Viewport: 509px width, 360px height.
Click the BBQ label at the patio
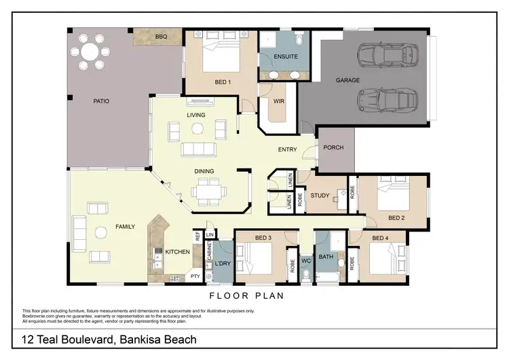pyautogui.click(x=161, y=37)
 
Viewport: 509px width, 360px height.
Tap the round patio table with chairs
pyautogui.click(x=90, y=52)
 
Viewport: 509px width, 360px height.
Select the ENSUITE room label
pyautogui.click(x=286, y=56)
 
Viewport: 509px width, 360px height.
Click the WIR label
pyautogui.click(x=278, y=102)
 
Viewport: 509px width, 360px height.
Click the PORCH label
pyautogui.click(x=333, y=147)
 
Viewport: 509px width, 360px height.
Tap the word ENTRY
pyautogui.click(x=288, y=149)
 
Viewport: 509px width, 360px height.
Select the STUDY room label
pyautogui.click(x=320, y=196)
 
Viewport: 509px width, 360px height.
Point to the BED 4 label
pyautogui.click(x=381, y=238)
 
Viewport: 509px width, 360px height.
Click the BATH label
pyautogui.click(x=326, y=257)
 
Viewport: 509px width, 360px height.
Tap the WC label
pyautogui.click(x=305, y=260)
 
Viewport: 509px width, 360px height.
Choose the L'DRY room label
pyautogui.click(x=223, y=264)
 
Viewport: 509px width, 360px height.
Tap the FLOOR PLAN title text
pyautogui.click(x=246, y=296)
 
